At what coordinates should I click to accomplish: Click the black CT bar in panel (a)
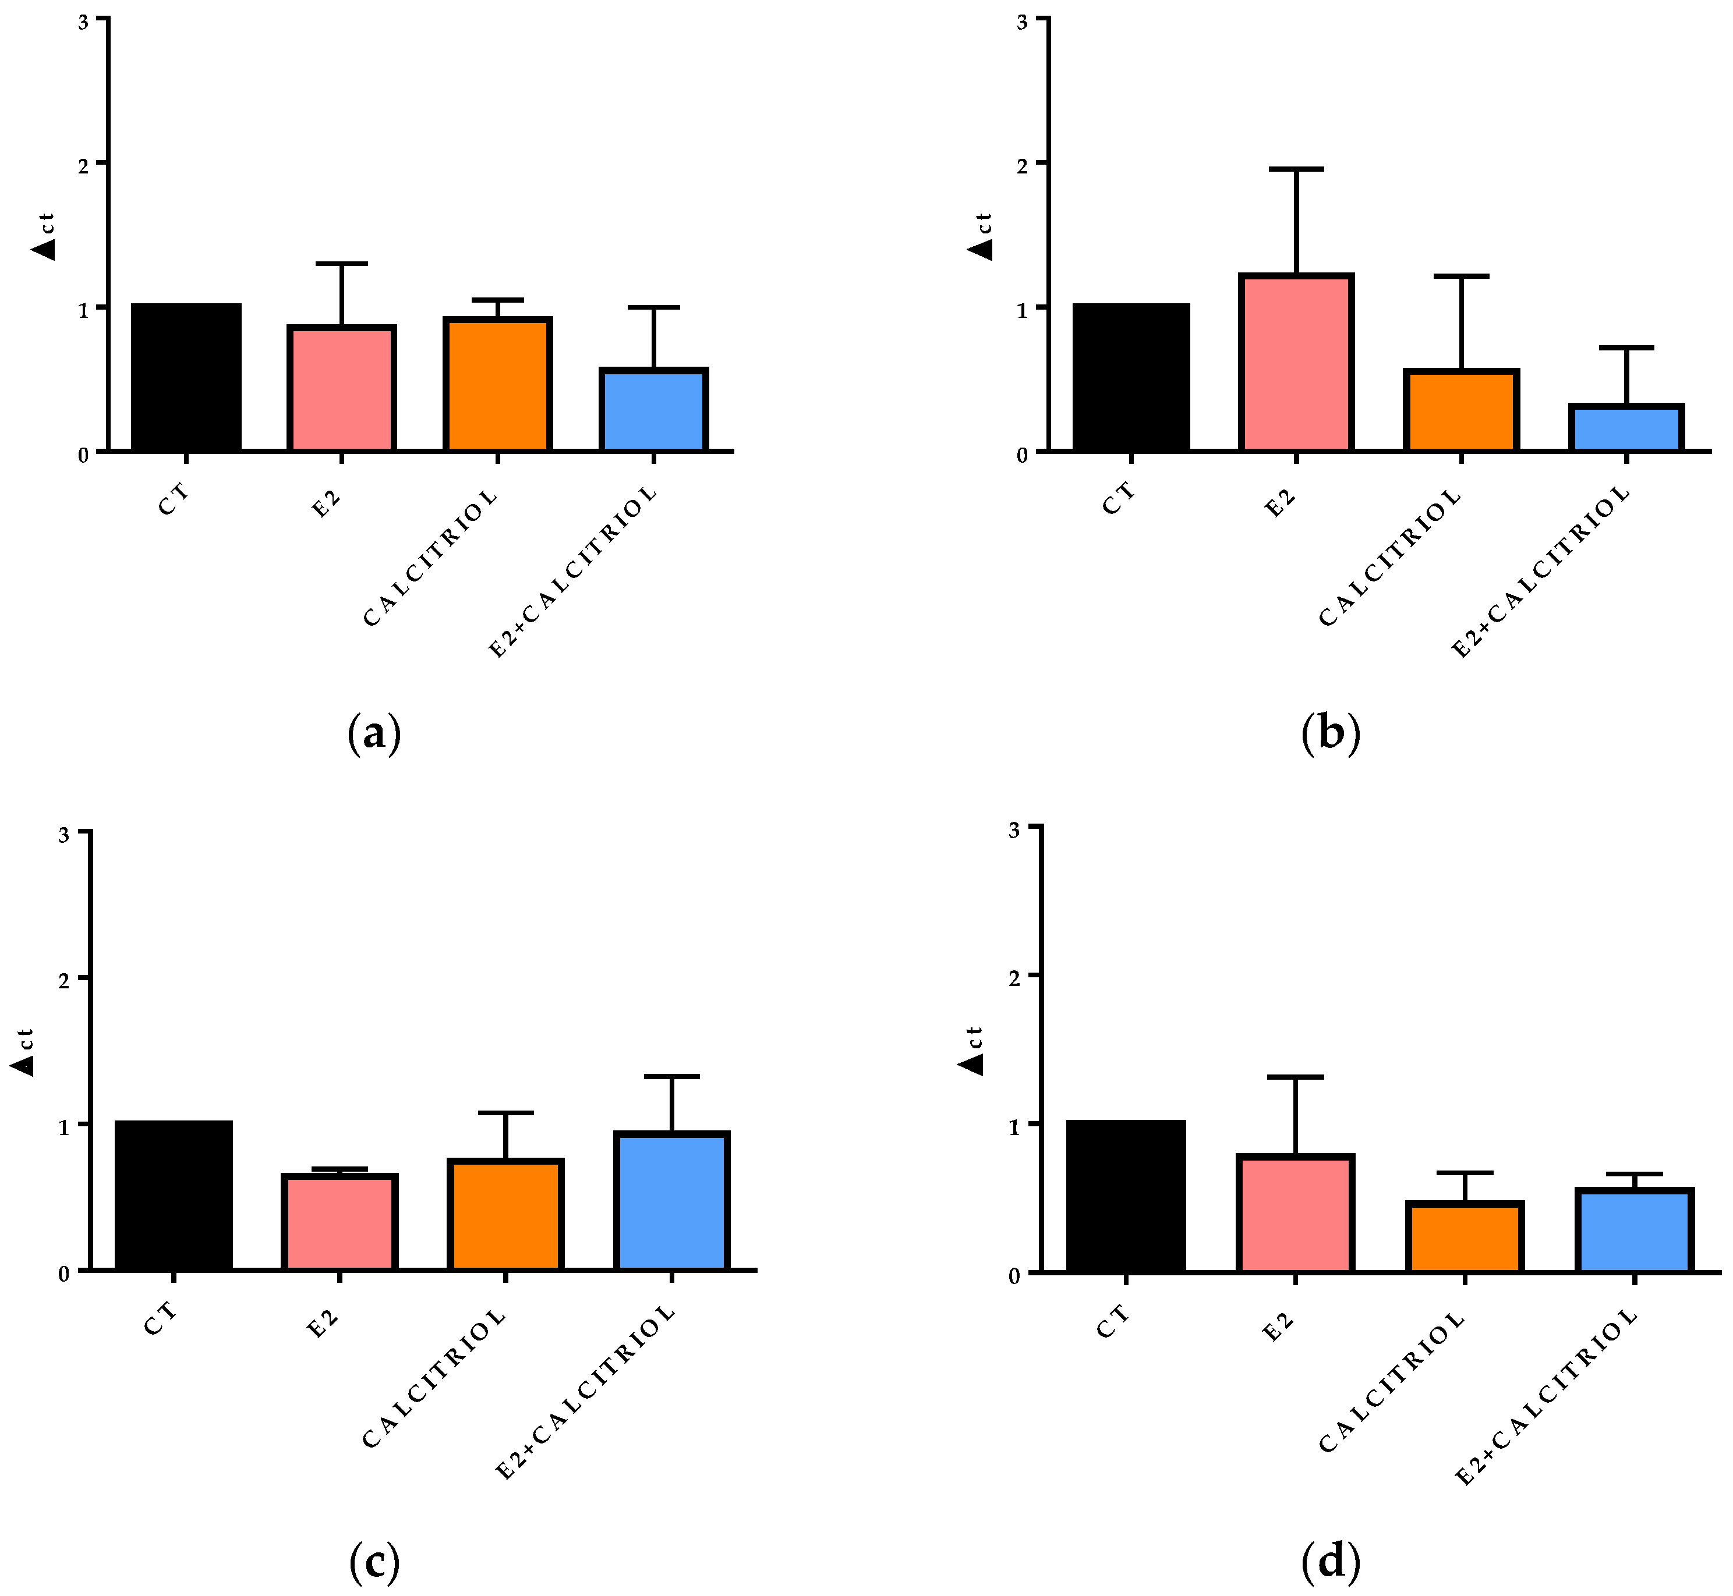pyautogui.click(x=186, y=377)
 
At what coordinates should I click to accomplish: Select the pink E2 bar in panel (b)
pyautogui.click(x=1296, y=363)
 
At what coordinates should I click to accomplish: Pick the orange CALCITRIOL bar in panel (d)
pyautogui.click(x=1465, y=1237)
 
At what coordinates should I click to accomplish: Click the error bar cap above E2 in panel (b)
pyautogui.click(x=1296, y=169)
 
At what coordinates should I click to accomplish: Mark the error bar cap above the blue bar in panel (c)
pyautogui.click(x=671, y=1076)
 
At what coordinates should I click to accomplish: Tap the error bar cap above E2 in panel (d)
pyautogui.click(x=1295, y=1077)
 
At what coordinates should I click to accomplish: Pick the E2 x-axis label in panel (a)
pyautogui.click(x=326, y=503)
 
